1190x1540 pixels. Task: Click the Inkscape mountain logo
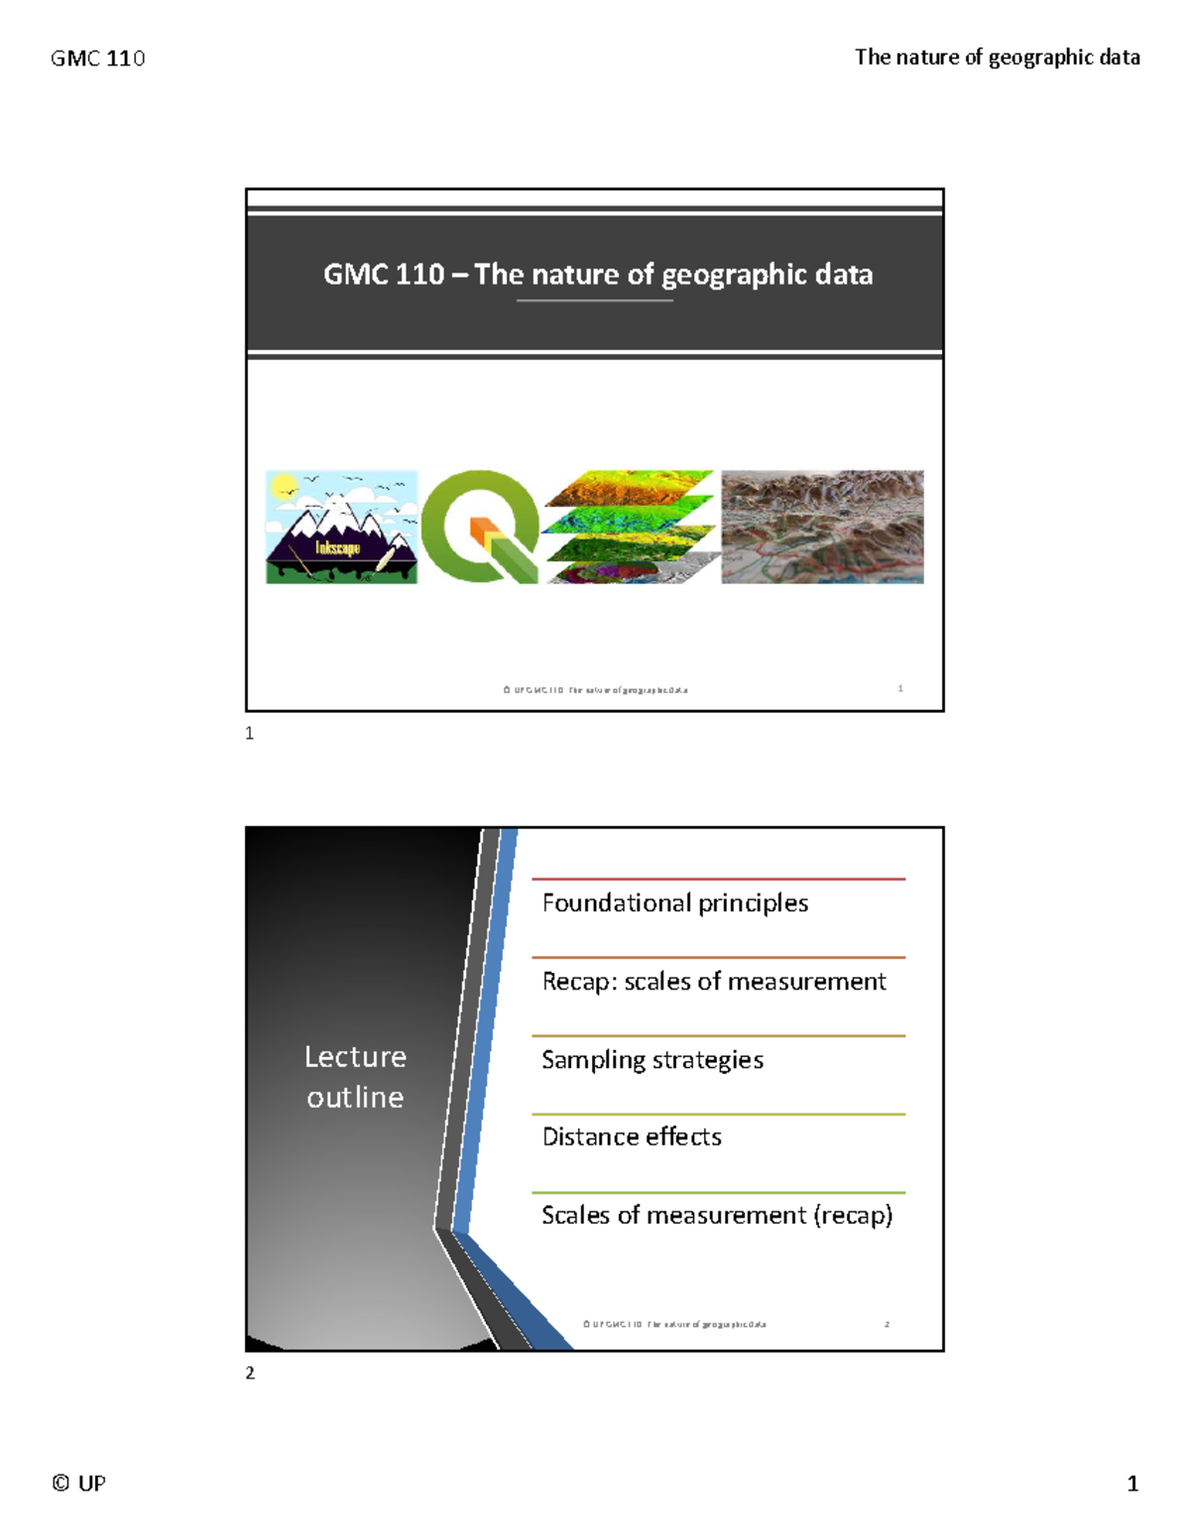(x=341, y=528)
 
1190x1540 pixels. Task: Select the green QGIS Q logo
(x=480, y=527)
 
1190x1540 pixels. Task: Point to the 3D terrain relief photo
(x=822, y=527)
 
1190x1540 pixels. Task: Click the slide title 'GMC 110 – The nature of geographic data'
(x=598, y=274)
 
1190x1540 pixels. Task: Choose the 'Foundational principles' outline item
(x=674, y=903)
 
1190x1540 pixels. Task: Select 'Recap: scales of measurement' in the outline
(x=714, y=982)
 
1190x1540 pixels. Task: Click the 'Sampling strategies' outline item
(x=653, y=1060)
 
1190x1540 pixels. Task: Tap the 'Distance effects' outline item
(x=632, y=1136)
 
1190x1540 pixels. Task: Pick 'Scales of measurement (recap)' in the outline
(x=717, y=1215)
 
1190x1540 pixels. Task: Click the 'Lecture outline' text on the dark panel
(x=355, y=1077)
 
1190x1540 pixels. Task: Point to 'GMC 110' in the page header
(x=97, y=59)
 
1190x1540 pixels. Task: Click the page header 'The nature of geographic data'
(x=997, y=58)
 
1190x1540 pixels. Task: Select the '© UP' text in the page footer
(x=79, y=1483)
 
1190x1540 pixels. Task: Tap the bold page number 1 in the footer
(x=1132, y=1483)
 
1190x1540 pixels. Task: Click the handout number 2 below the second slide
(x=250, y=1373)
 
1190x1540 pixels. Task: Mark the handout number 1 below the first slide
(x=250, y=734)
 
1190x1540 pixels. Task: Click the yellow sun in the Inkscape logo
(x=285, y=486)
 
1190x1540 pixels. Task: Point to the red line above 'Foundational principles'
(x=718, y=879)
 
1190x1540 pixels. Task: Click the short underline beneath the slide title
(x=595, y=300)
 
